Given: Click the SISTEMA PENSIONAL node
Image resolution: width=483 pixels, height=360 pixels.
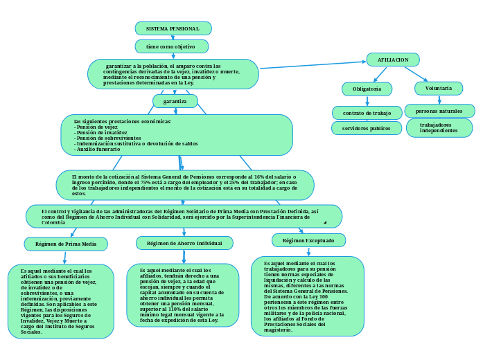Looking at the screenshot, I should point(173,28).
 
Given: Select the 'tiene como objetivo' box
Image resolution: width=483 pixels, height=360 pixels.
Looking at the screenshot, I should point(170,46).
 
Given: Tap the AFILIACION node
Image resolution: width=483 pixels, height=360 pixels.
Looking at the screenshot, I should point(393,60).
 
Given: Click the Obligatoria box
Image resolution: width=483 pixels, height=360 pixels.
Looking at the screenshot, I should point(367,89).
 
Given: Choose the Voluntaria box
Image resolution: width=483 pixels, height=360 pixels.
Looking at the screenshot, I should point(439,88).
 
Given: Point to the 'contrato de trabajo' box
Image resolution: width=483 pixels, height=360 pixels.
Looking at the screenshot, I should point(367,113).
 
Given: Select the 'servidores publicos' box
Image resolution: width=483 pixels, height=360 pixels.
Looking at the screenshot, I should point(367,128).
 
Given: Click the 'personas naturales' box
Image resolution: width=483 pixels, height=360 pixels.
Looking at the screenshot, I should point(439,111).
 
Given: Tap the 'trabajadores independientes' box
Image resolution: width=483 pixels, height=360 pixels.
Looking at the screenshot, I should point(439,127).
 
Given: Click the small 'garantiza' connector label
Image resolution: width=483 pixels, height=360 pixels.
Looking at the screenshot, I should point(175,101).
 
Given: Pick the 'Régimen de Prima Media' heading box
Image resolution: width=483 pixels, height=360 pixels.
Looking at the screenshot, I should point(66,244).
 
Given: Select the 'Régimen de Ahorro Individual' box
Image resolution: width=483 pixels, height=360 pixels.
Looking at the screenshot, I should point(184,243).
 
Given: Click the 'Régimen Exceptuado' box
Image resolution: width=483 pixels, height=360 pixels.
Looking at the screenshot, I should point(308,240).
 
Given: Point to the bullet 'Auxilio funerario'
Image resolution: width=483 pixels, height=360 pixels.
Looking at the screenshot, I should point(98,150).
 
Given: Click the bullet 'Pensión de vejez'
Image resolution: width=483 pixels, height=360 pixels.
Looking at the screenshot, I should point(96,127).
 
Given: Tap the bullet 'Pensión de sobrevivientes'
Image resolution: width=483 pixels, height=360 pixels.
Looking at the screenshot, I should point(107,138).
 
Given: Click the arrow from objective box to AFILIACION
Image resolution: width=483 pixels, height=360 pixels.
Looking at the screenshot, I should point(312,65).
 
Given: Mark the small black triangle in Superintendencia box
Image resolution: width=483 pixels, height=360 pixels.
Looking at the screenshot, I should point(325,222).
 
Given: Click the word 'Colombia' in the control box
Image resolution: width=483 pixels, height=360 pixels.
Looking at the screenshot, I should point(53,223).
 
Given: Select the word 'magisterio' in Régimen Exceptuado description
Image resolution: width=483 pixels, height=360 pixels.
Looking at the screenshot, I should point(279,330).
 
